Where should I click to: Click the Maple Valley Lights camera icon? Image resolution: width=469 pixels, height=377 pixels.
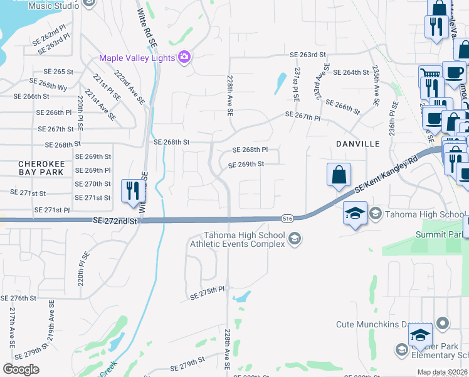(184, 58)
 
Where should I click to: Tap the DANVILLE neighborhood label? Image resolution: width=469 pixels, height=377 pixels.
(357, 144)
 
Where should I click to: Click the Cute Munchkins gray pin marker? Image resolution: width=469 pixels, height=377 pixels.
(443, 324)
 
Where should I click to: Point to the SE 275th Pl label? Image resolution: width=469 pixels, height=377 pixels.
(207, 292)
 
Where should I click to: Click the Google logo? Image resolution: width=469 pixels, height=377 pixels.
(21, 369)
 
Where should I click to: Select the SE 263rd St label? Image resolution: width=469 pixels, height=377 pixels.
(306, 55)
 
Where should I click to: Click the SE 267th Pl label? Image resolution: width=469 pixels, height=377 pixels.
(302, 116)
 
